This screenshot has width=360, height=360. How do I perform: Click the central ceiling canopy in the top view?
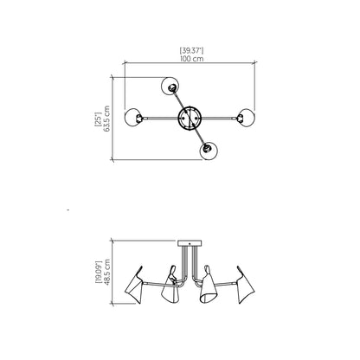point(190,118)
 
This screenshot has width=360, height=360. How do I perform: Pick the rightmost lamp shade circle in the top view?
point(245,118)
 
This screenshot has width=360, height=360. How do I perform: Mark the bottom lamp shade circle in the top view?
point(209,151)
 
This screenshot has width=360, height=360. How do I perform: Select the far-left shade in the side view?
point(136,285)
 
